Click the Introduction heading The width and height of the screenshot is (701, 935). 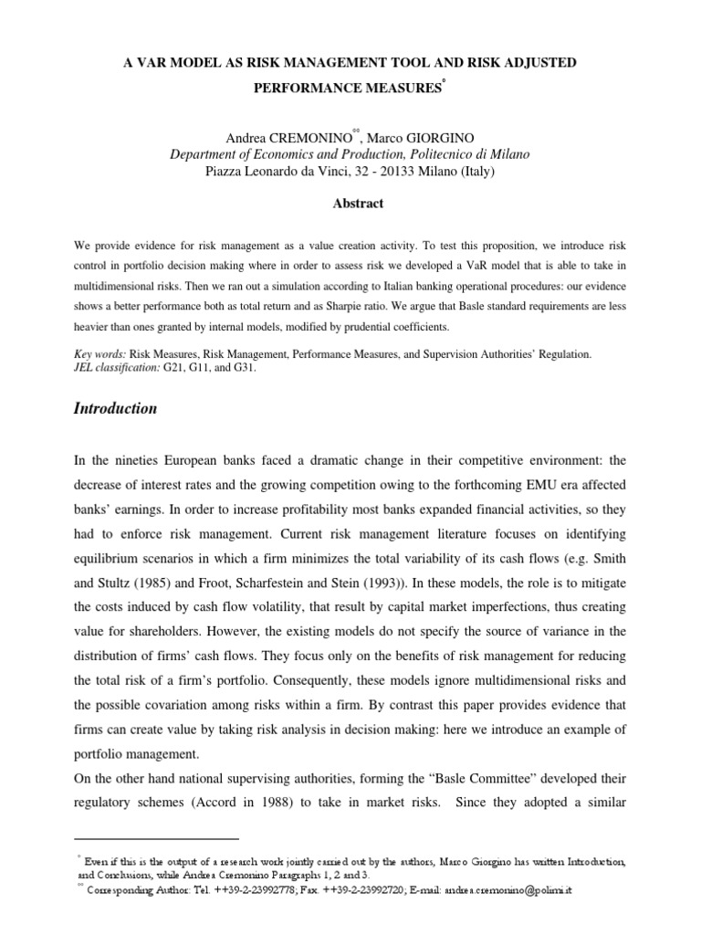pos(114,409)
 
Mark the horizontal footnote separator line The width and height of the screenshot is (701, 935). pos(155,837)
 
